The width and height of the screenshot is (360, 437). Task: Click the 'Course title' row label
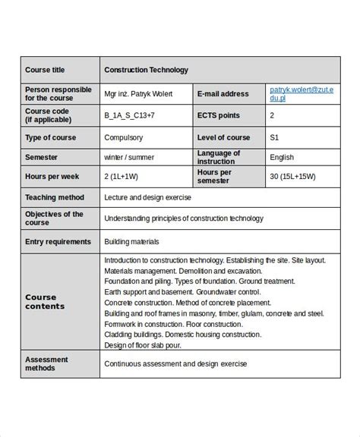(x=45, y=71)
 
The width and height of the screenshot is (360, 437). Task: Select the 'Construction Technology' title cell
(x=146, y=71)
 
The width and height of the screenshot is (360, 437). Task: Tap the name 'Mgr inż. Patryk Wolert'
(x=138, y=94)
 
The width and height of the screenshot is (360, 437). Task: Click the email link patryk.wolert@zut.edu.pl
(x=291, y=94)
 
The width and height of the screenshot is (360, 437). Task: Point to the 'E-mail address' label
(x=223, y=94)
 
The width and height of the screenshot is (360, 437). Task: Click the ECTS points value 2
(x=272, y=116)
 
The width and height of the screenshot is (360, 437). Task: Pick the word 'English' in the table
(x=282, y=157)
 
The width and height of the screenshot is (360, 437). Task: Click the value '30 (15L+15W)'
(x=292, y=177)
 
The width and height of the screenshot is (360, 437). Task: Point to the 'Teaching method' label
(x=54, y=197)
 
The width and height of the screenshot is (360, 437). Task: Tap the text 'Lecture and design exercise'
(x=148, y=197)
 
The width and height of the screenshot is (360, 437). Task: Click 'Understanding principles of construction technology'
(x=183, y=218)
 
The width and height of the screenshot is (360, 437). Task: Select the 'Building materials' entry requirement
(x=132, y=241)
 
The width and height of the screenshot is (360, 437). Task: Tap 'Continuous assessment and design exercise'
(x=175, y=364)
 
